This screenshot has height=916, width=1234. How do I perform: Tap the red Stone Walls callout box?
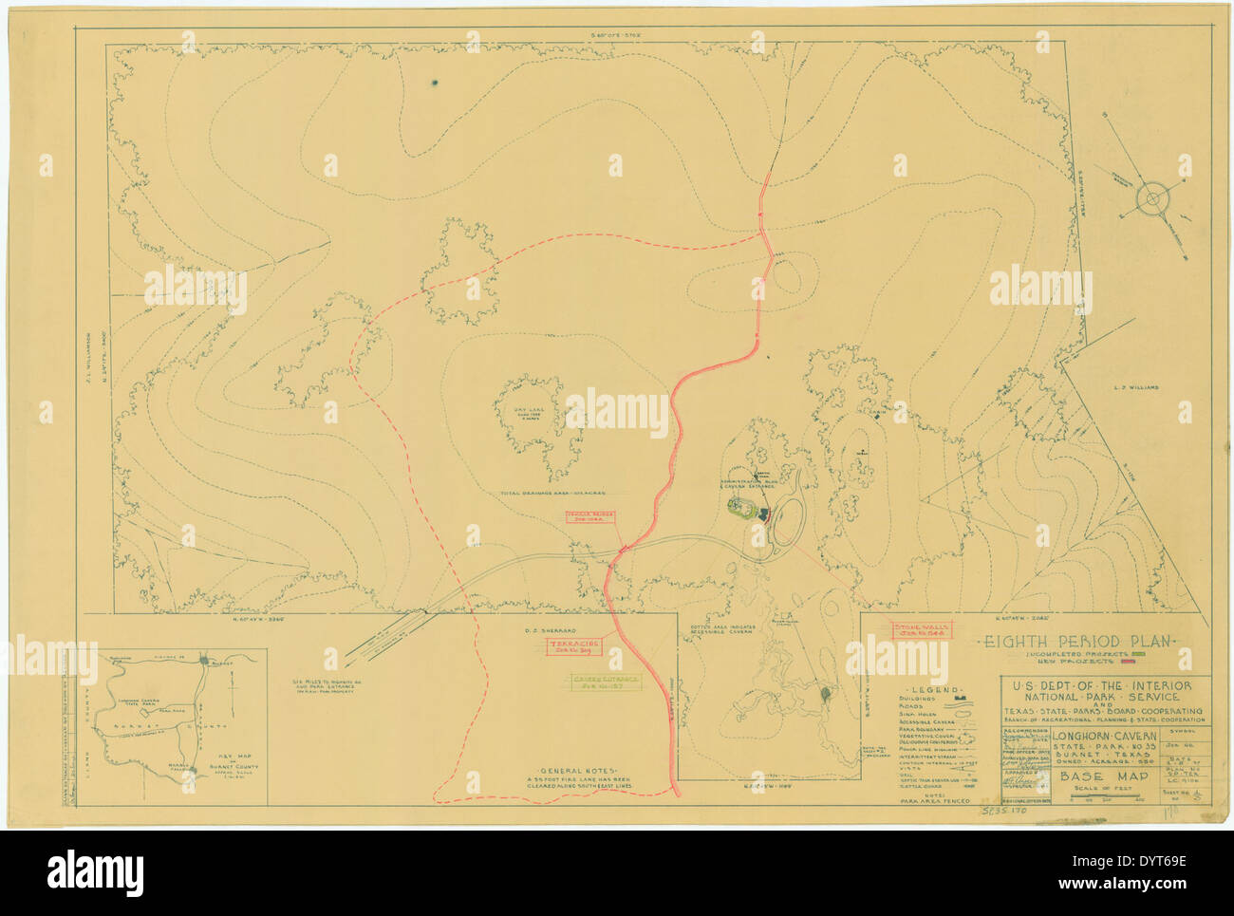pos(922,629)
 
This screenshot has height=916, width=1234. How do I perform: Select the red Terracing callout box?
pos(572,647)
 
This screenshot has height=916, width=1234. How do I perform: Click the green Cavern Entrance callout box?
pos(605,683)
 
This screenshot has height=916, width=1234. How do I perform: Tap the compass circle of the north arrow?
pos(1151,198)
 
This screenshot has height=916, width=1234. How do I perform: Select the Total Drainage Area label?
pos(554,494)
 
